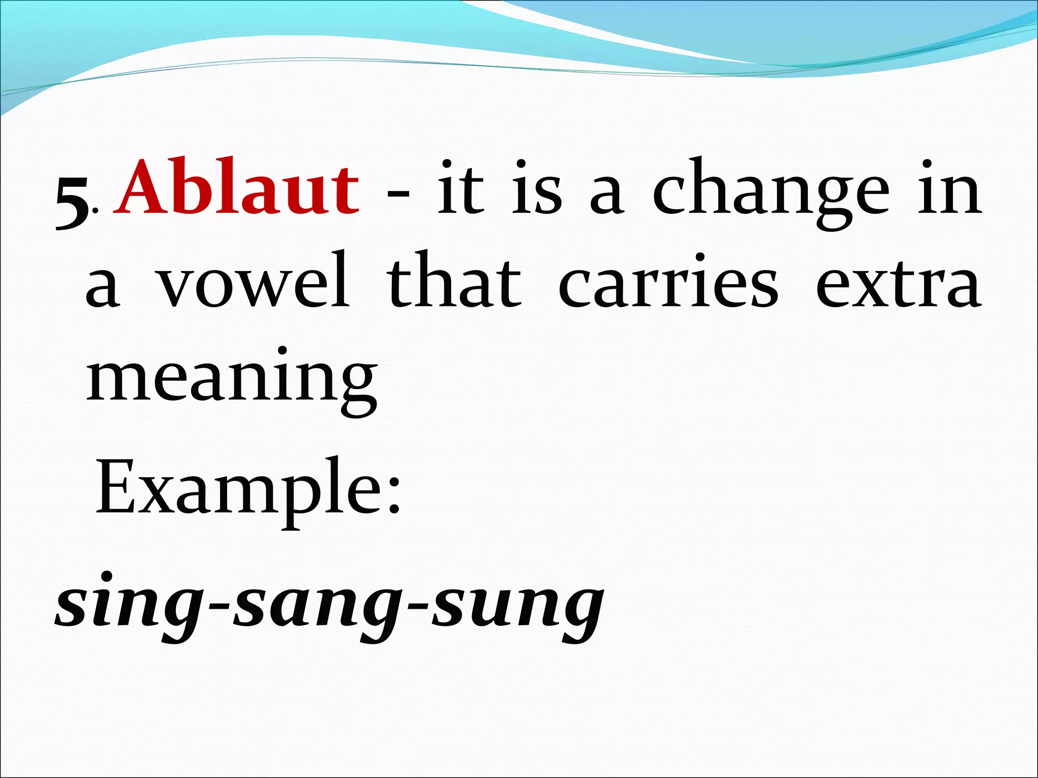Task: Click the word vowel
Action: [x=252, y=281]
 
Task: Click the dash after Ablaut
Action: [x=398, y=195]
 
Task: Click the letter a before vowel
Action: [x=103, y=289]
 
